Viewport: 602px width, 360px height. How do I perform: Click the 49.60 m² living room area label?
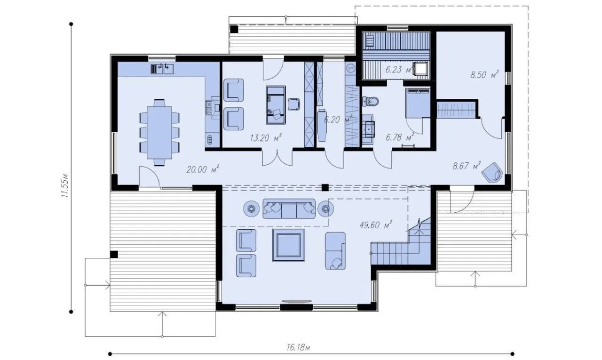(x=376, y=225)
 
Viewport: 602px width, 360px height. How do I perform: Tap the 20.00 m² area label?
(x=202, y=169)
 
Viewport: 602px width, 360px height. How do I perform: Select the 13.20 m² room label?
(x=266, y=138)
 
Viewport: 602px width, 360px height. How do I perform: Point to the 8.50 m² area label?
(x=484, y=74)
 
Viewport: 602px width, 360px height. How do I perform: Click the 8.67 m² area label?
(x=467, y=166)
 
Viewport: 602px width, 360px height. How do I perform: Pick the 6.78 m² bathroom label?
(x=400, y=137)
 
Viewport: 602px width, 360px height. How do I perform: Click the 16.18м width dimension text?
(x=298, y=348)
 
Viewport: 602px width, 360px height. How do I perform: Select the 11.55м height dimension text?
(x=64, y=186)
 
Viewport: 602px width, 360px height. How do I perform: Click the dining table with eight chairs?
(x=159, y=133)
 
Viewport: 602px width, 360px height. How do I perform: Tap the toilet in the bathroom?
(x=371, y=102)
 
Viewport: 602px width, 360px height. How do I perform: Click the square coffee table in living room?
(x=289, y=245)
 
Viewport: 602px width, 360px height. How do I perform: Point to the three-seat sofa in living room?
(x=289, y=208)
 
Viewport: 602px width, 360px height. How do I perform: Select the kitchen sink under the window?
(x=162, y=69)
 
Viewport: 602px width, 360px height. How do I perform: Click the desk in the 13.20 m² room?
(x=276, y=105)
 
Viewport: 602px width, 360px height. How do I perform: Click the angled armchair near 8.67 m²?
(x=492, y=172)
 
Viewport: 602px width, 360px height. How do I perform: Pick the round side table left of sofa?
(x=251, y=208)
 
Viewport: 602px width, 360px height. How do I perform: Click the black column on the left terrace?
(x=114, y=254)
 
